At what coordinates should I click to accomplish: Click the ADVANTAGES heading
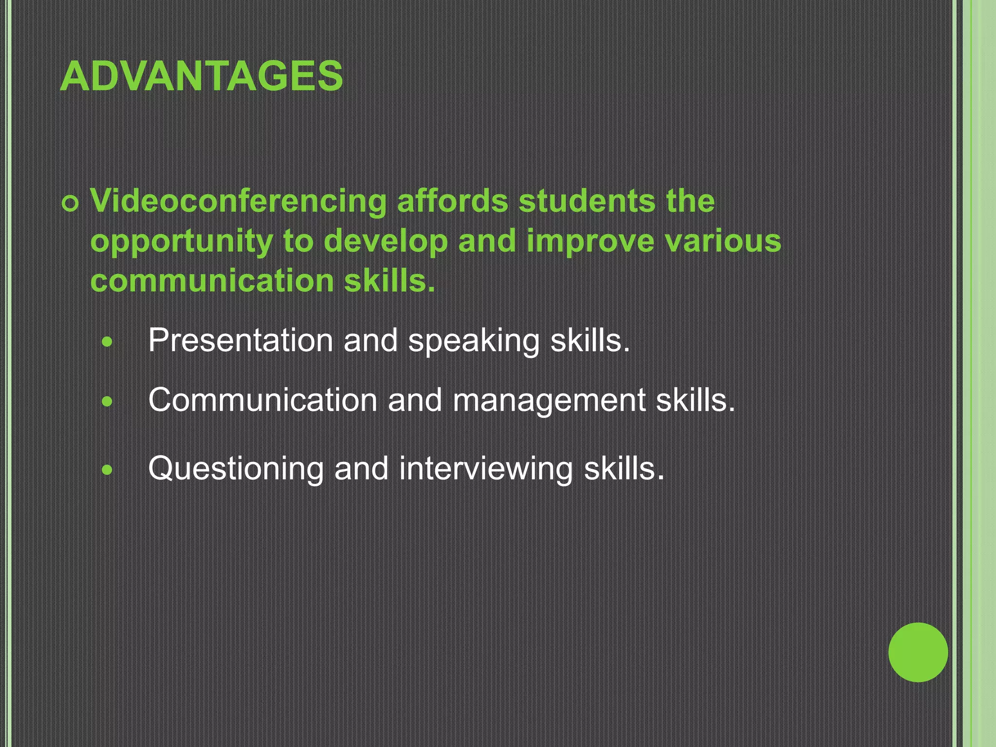pyautogui.click(x=201, y=76)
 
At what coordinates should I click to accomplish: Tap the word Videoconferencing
pyautogui.click(x=238, y=201)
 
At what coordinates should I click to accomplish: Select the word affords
pyautogui.click(x=452, y=201)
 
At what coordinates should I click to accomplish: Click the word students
pyautogui.click(x=587, y=201)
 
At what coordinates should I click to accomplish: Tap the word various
pyautogui.click(x=723, y=241)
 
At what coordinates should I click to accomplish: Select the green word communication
pyautogui.click(x=212, y=281)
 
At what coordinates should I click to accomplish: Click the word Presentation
pyautogui.click(x=240, y=340)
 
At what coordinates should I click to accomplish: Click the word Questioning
pyautogui.click(x=235, y=470)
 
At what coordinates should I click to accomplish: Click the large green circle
pyautogui.click(x=918, y=652)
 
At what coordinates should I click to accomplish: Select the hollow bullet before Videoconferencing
pyautogui.click(x=71, y=205)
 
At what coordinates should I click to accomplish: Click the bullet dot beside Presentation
pyautogui.click(x=107, y=342)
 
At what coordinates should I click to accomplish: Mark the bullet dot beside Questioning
pyautogui.click(x=107, y=470)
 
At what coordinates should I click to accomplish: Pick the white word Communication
pyautogui.click(x=263, y=400)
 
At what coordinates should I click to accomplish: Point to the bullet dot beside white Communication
pyautogui.click(x=107, y=402)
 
